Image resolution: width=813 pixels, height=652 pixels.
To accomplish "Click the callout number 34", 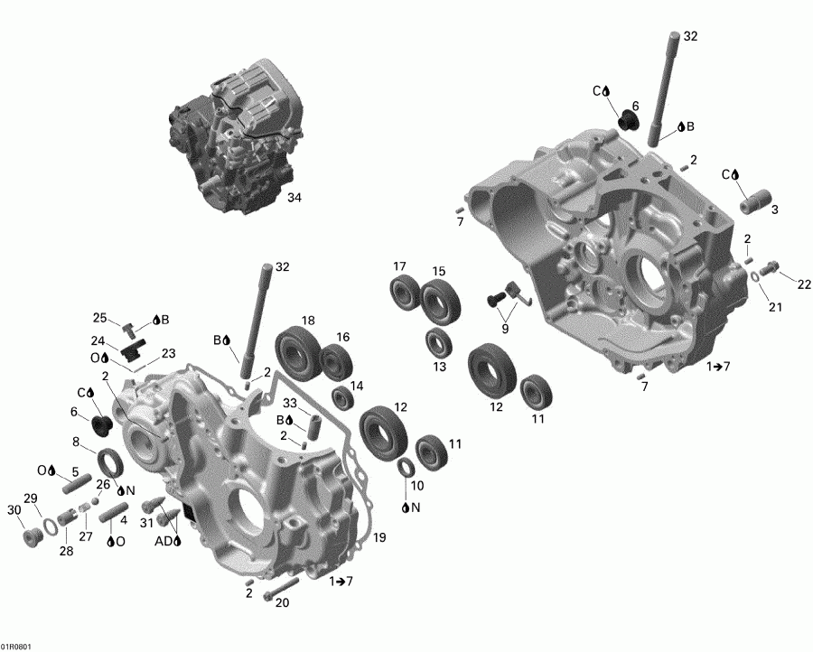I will point(294,197).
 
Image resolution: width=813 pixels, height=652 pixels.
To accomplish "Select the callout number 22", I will point(804,284).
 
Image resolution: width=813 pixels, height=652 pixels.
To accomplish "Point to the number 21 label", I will point(775,307).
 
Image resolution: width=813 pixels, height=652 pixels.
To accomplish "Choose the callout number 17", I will point(399,265).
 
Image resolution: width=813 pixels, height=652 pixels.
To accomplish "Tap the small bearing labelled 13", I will point(440,343).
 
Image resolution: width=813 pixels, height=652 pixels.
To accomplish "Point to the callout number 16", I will point(343,337).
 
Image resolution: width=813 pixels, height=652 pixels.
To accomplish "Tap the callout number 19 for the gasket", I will point(378,538).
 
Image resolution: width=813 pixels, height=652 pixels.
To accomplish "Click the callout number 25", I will point(100,318).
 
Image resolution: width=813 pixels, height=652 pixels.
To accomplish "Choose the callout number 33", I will point(290,403).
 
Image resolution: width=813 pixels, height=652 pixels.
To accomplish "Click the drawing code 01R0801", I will point(15,646).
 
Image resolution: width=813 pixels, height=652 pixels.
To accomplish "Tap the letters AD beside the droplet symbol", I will point(163,541).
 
